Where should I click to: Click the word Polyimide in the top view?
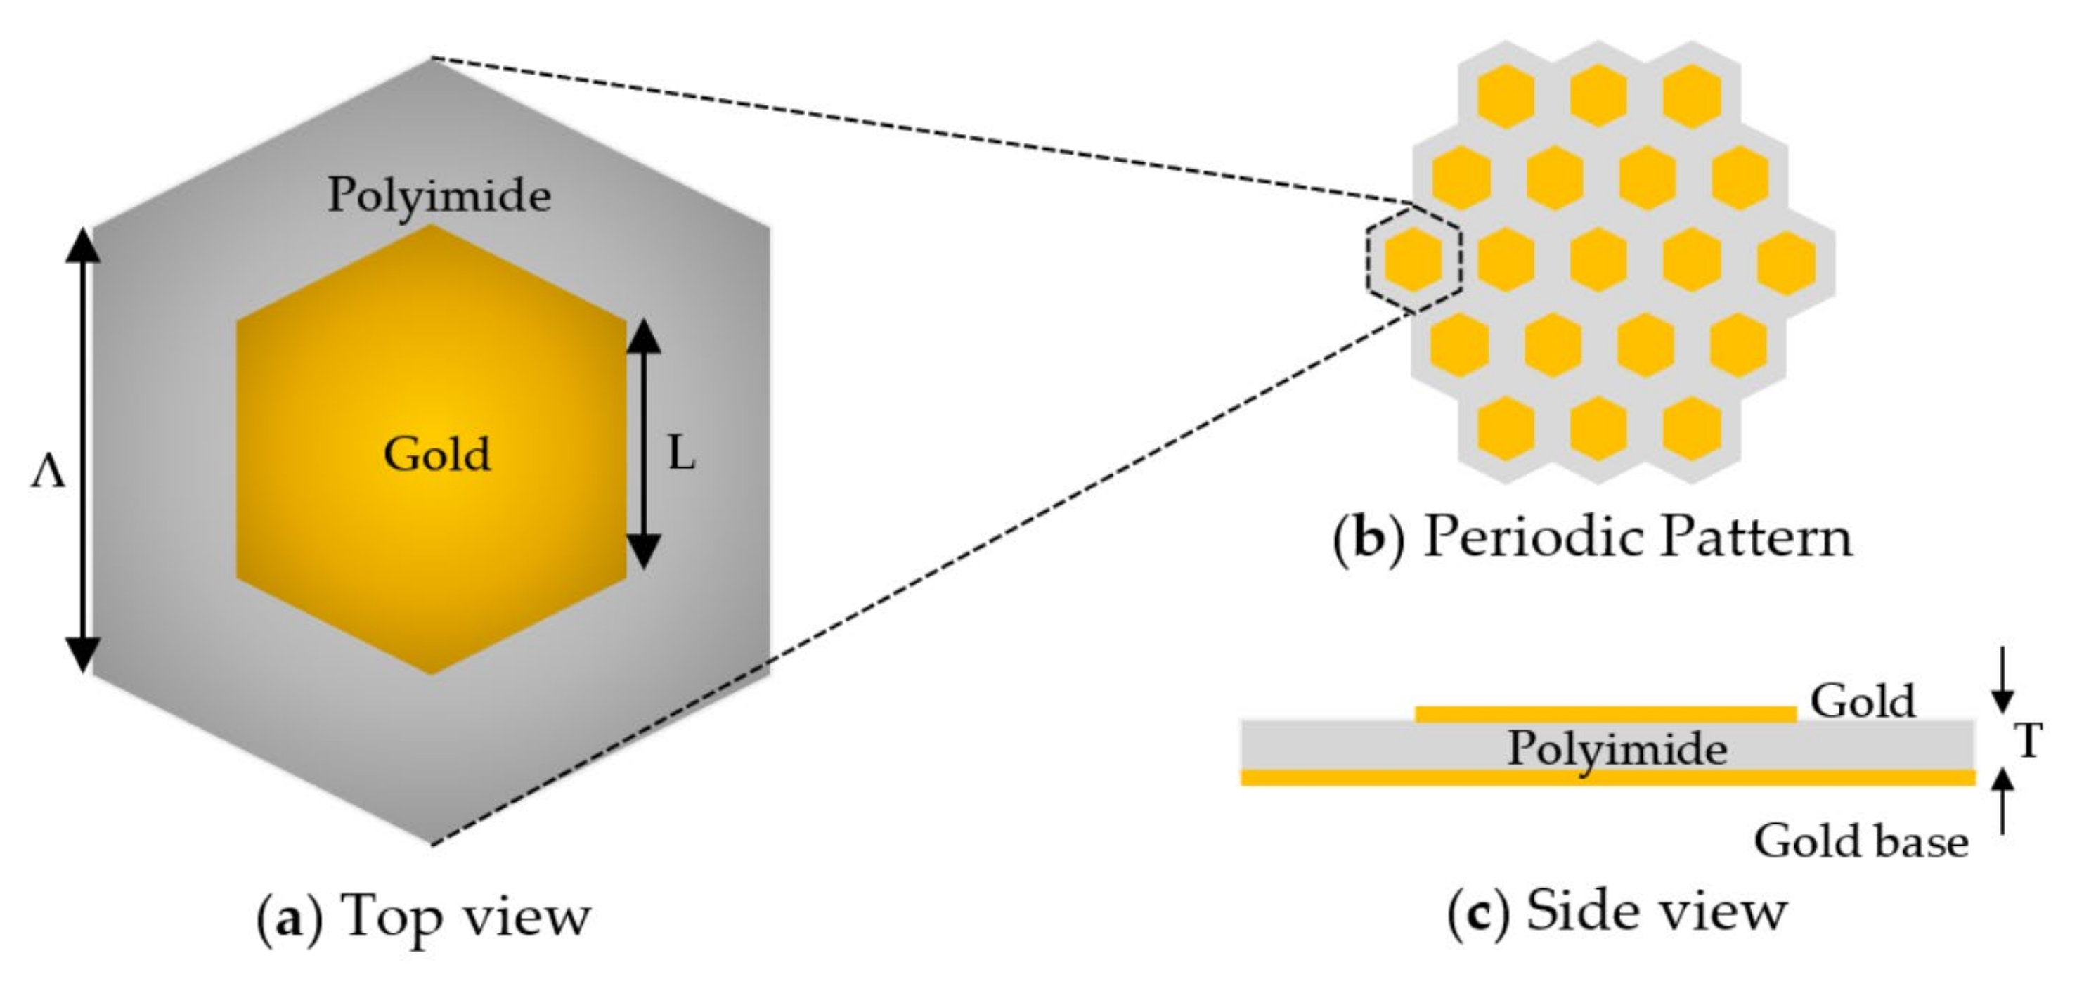[439, 196]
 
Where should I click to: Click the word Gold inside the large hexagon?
[436, 454]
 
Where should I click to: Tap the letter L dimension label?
[680, 455]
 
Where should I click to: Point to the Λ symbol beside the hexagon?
[47, 476]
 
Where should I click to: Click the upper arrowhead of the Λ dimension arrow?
[82, 246]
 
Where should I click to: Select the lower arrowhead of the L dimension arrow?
[643, 552]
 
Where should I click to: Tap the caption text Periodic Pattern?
[1638, 538]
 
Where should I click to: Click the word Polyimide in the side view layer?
[1617, 749]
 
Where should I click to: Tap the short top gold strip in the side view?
[1605, 713]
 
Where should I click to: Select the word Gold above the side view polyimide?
[1862, 701]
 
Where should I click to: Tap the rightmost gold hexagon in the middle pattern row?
[1786, 261]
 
